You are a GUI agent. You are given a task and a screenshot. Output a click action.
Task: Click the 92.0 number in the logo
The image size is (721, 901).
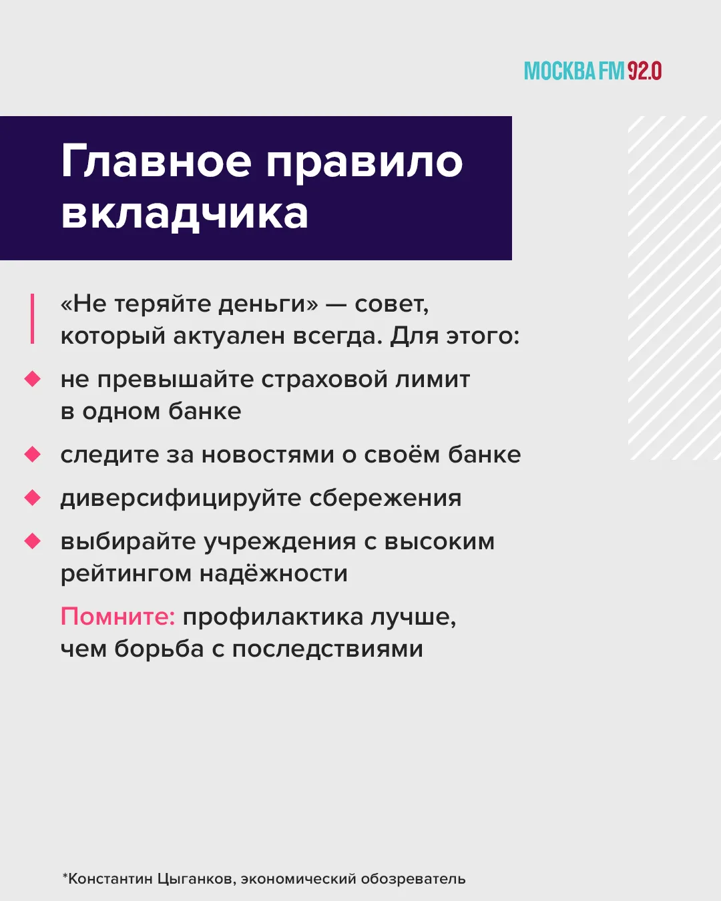click(x=644, y=71)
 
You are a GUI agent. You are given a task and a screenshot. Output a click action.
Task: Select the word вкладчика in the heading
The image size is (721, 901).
click(x=185, y=214)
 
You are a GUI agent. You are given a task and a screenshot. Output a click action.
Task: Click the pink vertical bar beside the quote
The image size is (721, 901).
click(x=32, y=318)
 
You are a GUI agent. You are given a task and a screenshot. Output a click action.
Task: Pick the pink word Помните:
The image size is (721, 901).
click(x=117, y=616)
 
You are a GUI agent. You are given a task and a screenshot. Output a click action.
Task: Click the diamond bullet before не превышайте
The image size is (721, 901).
click(x=32, y=379)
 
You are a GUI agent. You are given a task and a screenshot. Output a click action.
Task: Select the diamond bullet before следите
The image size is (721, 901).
click(x=32, y=455)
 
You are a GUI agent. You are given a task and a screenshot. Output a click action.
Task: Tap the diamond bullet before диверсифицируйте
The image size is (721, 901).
click(x=32, y=498)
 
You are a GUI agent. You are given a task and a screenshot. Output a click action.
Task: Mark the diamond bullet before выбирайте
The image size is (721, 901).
click(x=32, y=541)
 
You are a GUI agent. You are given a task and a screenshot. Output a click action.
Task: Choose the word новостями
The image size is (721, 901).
click(x=268, y=455)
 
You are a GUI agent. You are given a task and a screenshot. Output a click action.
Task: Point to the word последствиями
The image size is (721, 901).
click(x=327, y=650)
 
